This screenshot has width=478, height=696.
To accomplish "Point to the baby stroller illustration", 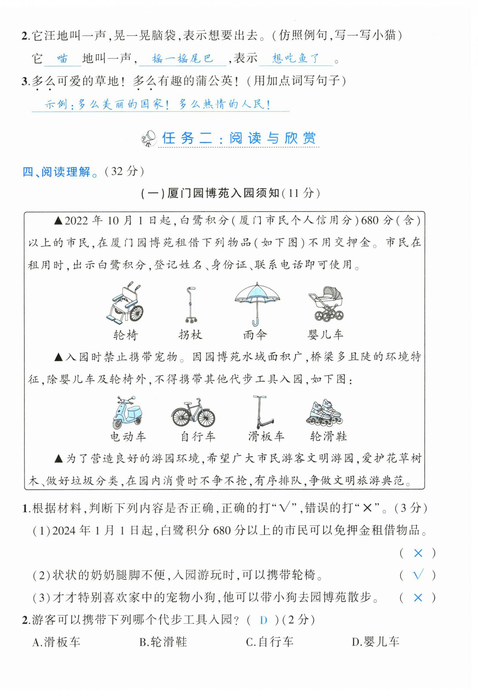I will pyautogui.click(x=326, y=304).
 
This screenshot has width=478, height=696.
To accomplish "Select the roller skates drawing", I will pyautogui.click(x=325, y=412).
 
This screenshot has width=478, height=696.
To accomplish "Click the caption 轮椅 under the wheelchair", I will pyautogui.click(x=126, y=335).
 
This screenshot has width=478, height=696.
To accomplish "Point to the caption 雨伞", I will pyautogui.click(x=255, y=335).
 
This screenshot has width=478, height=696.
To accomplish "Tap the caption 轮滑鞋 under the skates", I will pyautogui.click(x=328, y=436).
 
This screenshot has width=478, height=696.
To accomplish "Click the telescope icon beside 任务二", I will pyautogui.click(x=149, y=138).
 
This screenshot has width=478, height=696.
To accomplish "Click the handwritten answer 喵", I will pyautogui.click(x=62, y=59).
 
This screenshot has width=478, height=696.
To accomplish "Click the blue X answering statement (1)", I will pyautogui.click(x=418, y=553).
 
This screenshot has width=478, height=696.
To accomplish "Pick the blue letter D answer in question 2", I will pyautogui.click(x=263, y=620).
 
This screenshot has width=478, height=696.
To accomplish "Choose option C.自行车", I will pyautogui.click(x=269, y=642).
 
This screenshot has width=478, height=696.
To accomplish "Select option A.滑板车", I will pyautogui.click(x=56, y=642).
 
